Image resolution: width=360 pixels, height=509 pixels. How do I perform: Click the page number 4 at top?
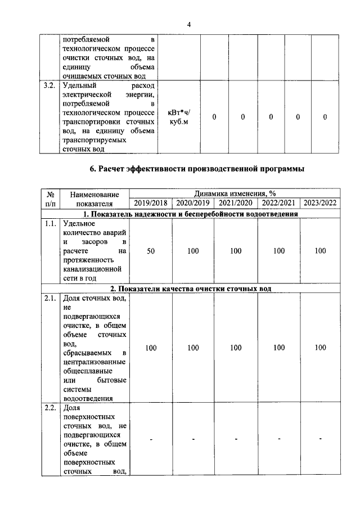point(189,24)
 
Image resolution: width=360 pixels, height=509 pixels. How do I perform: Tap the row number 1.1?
point(49,223)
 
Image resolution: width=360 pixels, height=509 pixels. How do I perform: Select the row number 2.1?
point(49,299)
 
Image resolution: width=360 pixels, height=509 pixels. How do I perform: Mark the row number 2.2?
point(49,408)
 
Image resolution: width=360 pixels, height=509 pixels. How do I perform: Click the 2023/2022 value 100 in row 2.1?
point(320,348)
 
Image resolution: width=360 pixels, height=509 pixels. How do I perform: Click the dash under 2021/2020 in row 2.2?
point(236,438)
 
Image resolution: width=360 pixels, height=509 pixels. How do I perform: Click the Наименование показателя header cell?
point(94,199)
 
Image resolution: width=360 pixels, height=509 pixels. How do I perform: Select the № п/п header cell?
point(49,199)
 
